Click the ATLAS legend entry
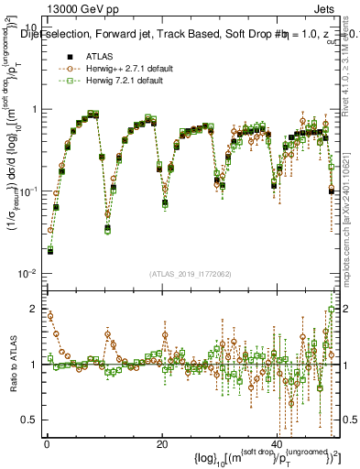(87, 56)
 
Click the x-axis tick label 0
(46, 442)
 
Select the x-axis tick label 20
(161, 442)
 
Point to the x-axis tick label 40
(277, 442)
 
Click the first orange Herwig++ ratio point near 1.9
(49, 316)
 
